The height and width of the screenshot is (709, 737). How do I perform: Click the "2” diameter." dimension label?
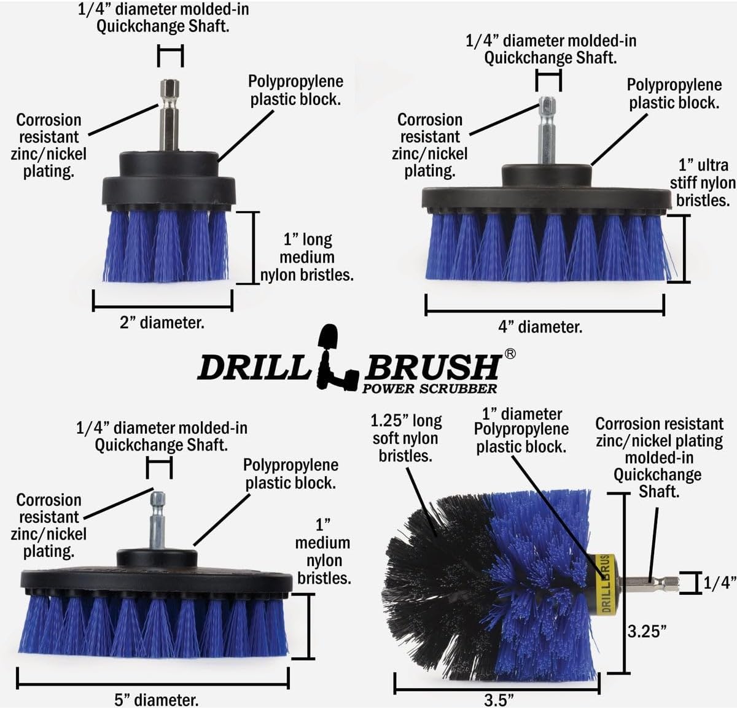[162, 322]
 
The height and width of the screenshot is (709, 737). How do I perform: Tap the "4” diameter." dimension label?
[540, 327]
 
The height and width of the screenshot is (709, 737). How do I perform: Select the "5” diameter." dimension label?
[157, 699]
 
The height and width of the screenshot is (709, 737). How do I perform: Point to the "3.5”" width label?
[499, 700]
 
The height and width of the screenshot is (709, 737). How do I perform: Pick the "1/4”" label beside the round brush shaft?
[719, 583]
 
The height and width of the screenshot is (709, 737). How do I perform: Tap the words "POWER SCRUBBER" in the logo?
[429, 388]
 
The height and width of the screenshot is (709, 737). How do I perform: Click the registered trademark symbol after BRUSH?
[510, 354]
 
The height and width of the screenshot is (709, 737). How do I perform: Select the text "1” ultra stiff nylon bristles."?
[703, 182]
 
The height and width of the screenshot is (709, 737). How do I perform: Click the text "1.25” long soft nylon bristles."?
[405, 438]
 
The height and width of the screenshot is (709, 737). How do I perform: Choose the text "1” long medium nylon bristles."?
[307, 257]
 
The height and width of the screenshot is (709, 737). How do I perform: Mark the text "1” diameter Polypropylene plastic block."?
[521, 430]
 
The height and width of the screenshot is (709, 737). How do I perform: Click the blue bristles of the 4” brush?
[547, 246]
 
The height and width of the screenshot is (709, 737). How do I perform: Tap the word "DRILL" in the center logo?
[252, 368]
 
